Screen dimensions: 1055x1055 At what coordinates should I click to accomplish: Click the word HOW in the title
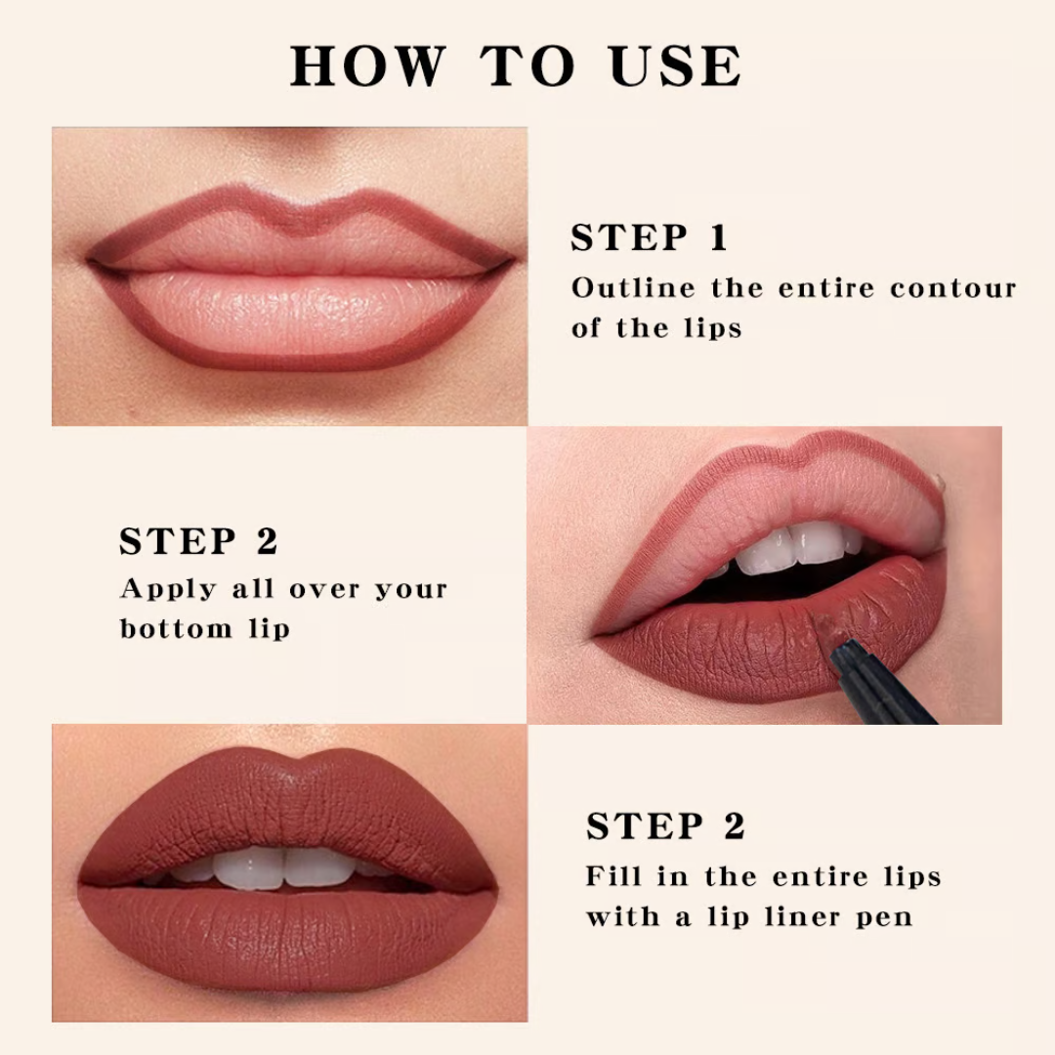click(365, 66)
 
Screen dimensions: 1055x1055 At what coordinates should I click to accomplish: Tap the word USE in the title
click(676, 66)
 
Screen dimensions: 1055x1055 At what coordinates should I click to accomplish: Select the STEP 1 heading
click(650, 238)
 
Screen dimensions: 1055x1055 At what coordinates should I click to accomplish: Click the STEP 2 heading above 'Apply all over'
click(198, 541)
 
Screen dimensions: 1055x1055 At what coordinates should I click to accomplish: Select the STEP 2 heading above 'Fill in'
click(665, 826)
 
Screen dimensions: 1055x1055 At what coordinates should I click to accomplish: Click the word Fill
click(612, 875)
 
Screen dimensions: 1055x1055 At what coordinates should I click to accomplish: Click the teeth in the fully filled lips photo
click(283, 865)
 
